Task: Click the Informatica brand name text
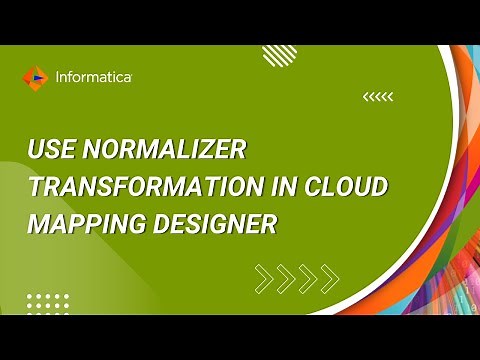point(96,75)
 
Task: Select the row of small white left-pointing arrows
point(378,97)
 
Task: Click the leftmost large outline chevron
point(264,277)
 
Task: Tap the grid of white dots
point(47,303)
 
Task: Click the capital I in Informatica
point(59,75)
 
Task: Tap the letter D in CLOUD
point(377,189)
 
